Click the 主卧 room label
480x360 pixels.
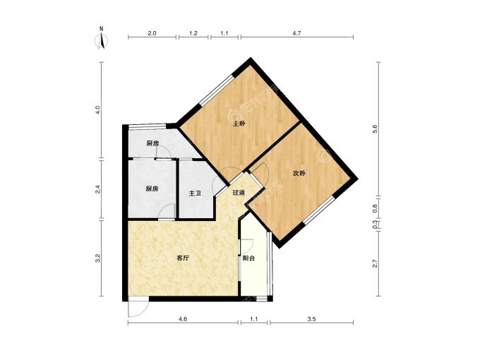point(239,124)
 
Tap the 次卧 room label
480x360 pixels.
point(299,173)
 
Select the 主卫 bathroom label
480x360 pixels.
point(195,193)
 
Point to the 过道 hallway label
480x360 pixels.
point(239,193)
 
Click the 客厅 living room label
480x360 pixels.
point(183,258)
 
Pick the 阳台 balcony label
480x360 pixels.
point(249,258)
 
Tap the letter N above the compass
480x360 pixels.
point(102,29)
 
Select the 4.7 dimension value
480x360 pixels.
point(296,33)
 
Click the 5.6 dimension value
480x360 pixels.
point(375,129)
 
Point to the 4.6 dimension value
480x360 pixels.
point(183,319)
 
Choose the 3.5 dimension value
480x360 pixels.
point(311,319)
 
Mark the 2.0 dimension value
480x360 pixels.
point(152,33)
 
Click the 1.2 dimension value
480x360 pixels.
point(193,33)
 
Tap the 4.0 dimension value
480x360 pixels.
point(97,110)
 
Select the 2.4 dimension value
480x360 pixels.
point(97,190)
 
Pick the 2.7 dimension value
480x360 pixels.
point(375,263)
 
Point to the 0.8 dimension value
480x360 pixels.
point(375,209)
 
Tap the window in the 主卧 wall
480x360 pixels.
point(217,90)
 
